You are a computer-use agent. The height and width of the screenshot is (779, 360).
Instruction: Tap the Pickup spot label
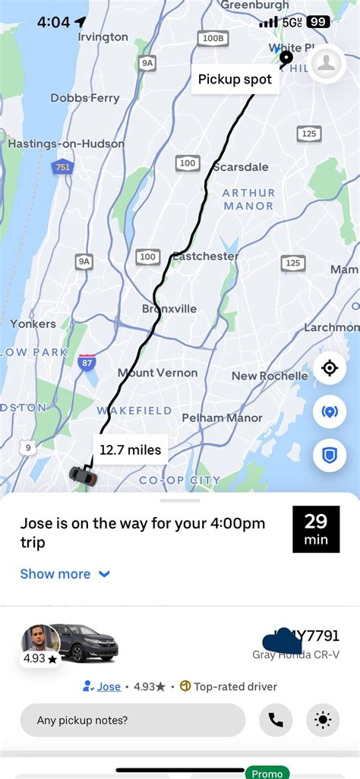235,79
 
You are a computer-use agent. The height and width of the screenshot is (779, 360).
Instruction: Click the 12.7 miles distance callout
131,449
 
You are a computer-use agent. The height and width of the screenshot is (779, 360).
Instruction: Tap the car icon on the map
83,476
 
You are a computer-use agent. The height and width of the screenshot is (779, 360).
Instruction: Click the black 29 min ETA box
316,529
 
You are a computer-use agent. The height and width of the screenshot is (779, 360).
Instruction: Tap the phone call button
276,720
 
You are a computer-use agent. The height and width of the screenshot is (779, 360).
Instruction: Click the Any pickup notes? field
133,720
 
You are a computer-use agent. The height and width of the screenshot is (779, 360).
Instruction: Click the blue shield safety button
329,456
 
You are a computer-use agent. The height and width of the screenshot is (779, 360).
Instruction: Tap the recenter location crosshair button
329,368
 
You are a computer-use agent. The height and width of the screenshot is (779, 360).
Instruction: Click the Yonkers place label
33,324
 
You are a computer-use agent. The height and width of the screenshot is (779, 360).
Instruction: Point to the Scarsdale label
241,167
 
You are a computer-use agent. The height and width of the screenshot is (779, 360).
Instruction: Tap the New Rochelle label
270,376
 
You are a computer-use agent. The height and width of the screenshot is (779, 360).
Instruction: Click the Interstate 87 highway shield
87,363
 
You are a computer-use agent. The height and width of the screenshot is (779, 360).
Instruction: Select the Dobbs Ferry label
85,98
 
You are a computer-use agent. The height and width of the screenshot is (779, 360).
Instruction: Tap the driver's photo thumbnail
39,642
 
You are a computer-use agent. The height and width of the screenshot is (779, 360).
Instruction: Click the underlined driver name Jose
109,686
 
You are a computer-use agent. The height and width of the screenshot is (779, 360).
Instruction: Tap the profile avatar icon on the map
328,64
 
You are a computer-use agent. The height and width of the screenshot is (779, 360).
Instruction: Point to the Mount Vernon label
157,373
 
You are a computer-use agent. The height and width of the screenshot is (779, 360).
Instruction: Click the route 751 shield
63,167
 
